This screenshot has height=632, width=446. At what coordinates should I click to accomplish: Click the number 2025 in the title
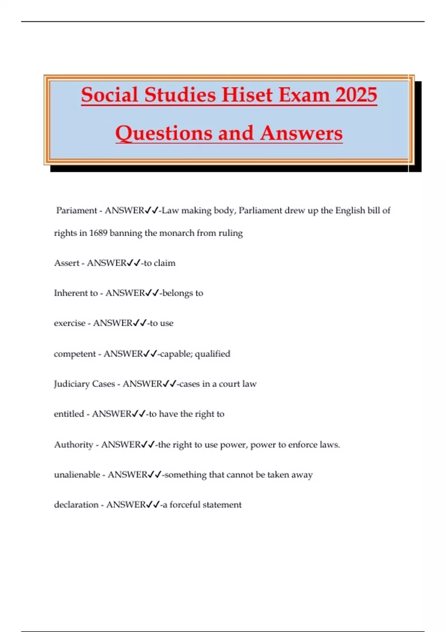coord(356,95)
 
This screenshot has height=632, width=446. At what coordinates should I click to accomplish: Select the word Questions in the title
coord(164,133)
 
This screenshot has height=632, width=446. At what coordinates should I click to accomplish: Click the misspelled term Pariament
coord(77,210)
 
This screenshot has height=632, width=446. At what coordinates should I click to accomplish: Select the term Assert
coord(67,263)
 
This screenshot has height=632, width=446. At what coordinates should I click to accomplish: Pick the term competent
coord(75,354)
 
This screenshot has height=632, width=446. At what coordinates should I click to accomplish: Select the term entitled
coord(69,414)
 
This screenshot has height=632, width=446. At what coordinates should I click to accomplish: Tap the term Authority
coord(74,445)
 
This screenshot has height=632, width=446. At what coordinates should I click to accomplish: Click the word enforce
coord(296,445)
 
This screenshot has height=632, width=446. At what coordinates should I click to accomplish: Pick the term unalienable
coord(77,475)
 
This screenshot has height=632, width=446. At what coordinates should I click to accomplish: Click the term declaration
coord(76,505)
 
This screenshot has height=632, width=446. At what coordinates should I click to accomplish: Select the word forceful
coord(185,505)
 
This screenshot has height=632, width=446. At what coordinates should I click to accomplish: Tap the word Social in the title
coord(109,95)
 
